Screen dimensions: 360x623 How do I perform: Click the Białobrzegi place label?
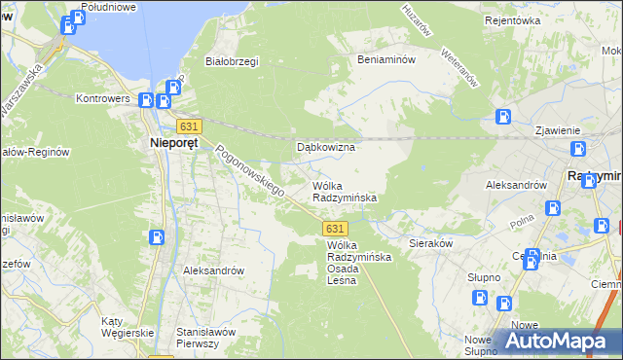pos(231,61)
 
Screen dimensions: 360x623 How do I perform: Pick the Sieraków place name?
pos(430,243)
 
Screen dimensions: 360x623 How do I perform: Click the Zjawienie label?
pos(558,130)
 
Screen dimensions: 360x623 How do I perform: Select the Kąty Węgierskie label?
pos(128,326)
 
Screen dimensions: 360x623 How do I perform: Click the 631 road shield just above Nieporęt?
pos(190,126)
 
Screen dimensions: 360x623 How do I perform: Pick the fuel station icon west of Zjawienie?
pos(504,118)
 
